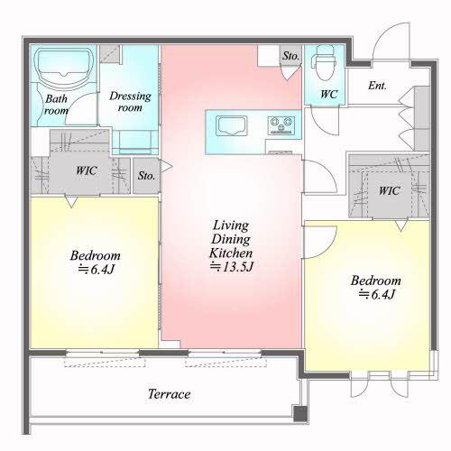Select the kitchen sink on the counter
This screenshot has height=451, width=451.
(232, 125)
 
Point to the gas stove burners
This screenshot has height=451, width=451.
(281, 125)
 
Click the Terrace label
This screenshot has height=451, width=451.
(170, 394)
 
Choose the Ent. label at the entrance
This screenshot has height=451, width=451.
(377, 86)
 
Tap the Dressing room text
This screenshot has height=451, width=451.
(130, 102)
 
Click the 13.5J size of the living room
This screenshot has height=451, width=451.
(232, 267)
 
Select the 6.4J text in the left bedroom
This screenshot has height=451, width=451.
(97, 269)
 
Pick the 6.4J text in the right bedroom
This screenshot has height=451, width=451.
(376, 294)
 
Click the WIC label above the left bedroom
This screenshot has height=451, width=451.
(87, 170)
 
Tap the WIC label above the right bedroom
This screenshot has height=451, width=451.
(389, 190)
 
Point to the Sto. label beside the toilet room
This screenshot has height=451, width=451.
(290, 56)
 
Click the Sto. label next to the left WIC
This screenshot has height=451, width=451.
(146, 176)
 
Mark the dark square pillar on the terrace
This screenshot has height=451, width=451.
(300, 413)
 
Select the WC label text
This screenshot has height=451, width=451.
(328, 95)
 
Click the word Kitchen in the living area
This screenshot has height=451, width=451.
(231, 253)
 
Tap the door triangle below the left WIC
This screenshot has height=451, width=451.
(71, 202)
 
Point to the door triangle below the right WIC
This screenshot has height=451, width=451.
(401, 225)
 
